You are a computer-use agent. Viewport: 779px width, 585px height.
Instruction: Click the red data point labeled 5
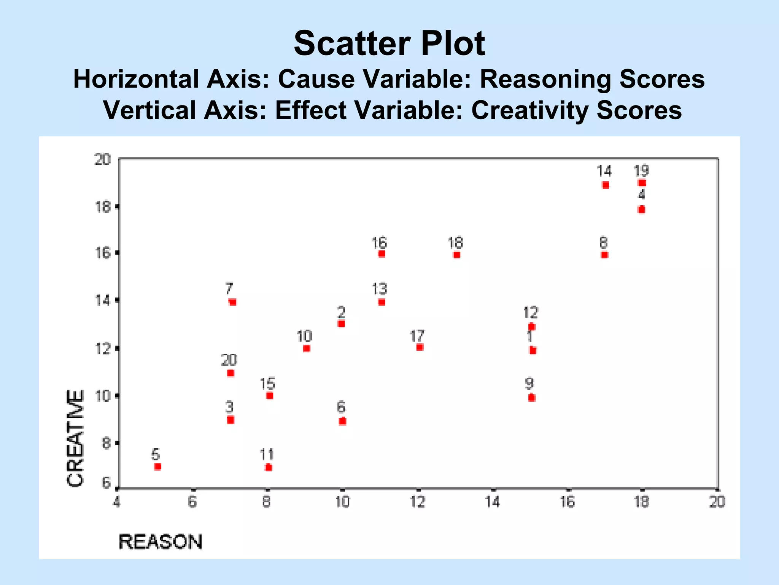pos(158,467)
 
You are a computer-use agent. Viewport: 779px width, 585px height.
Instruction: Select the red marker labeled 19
pos(642,183)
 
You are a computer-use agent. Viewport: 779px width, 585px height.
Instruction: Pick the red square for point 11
pos(269,467)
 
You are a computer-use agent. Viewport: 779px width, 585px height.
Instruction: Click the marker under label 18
pos(457,255)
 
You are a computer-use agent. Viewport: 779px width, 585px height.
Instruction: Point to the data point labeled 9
pos(532,398)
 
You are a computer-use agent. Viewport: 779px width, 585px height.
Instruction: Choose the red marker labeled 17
pos(420,347)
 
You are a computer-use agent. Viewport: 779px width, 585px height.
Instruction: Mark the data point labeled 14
pos(606,185)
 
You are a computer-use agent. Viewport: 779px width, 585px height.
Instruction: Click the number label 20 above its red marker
pos(229,360)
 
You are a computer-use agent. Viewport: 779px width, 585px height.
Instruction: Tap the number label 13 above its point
pos(379,289)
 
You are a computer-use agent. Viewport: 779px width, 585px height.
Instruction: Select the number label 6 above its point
pos(341,407)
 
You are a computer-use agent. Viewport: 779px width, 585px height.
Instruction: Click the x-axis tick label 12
pos(418,502)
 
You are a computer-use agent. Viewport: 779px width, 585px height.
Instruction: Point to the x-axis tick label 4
pos(117,502)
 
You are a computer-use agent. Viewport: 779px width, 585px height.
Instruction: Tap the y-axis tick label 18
pos(102,207)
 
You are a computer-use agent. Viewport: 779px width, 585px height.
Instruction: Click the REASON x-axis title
pos(161,542)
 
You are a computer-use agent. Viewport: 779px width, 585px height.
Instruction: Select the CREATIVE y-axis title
pos(75,438)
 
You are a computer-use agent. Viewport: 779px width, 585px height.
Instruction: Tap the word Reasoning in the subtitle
pos(546,79)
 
